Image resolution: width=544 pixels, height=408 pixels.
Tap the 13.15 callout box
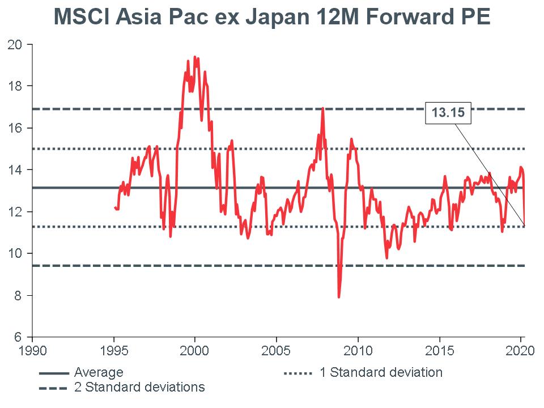pos(448,113)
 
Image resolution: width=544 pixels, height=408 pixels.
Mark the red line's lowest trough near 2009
pos(339,296)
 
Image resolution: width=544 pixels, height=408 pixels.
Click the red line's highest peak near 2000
pos(194,57)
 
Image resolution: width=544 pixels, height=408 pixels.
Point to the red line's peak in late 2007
pos(322,108)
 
